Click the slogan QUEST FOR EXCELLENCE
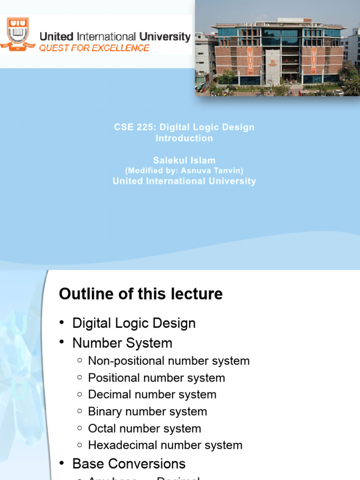pos(94,48)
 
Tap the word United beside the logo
pos(56,37)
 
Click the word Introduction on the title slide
pos(184,138)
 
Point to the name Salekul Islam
pos(184,161)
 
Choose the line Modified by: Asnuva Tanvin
pos(184,171)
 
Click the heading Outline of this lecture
pos(141,294)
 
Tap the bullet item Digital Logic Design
pos(134,323)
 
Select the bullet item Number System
pos(122,343)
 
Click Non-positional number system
pos(169,360)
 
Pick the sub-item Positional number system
pos(157,377)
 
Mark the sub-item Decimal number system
pos(152,394)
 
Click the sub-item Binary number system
pos(148,411)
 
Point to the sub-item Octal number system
pos(144,428)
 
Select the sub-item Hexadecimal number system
pos(165,445)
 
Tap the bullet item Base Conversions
pos(129,464)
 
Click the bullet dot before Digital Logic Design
pos(62,323)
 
